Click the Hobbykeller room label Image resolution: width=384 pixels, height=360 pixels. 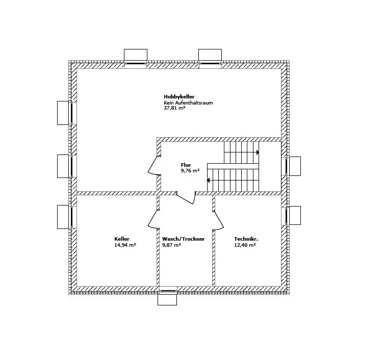click(179, 96)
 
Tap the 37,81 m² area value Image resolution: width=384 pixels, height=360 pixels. click(174, 108)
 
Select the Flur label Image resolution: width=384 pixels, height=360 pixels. click(186, 165)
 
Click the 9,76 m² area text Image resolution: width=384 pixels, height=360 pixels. click(190, 171)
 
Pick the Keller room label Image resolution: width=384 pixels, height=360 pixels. click(122, 239)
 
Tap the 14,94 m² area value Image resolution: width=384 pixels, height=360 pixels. click(125, 245)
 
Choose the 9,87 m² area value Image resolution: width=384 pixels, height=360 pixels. click(171, 245)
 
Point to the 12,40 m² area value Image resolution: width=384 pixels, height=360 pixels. click(245, 245)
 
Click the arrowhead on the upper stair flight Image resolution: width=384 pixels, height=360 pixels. click(258, 152)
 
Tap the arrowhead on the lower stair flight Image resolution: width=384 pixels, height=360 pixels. click(209, 179)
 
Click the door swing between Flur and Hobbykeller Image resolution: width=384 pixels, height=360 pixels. click(153, 166)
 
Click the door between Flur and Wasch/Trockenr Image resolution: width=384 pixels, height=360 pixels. click(187, 199)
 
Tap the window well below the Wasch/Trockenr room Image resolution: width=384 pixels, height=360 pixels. click(167, 299)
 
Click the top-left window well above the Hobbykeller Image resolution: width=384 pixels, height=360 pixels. click(135, 55)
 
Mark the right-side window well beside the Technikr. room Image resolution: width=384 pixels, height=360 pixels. click(294, 215)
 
